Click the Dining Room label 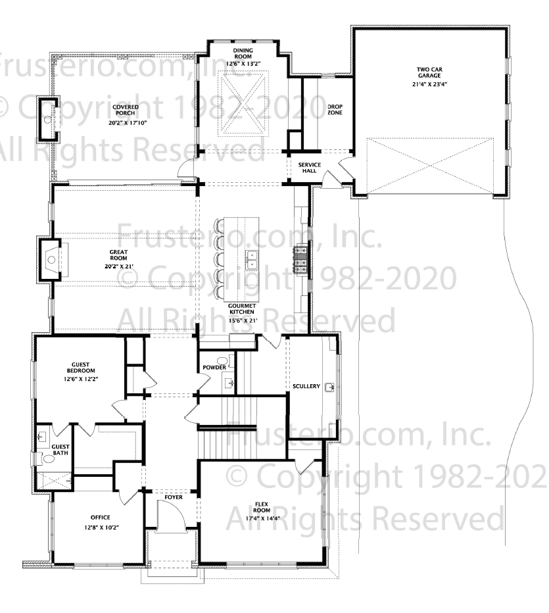pyautogui.click(x=243, y=53)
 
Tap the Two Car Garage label pyautogui.click(x=429, y=72)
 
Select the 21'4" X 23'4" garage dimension pyautogui.click(x=429, y=84)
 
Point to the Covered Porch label pyautogui.click(x=126, y=110)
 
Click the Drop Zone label pyautogui.click(x=335, y=109)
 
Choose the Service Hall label pyautogui.click(x=310, y=168)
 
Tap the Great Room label pyautogui.click(x=118, y=255)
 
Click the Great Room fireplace pyautogui.click(x=51, y=258)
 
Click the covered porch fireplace pyautogui.click(x=49, y=118)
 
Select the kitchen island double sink pyautogui.click(x=252, y=260)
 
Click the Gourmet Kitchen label pyautogui.click(x=242, y=309)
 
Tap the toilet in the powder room pyautogui.click(x=224, y=360)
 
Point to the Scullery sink pyautogui.click(x=331, y=387)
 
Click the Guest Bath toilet pyautogui.click(x=48, y=458)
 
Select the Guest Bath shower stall pyautogui.click(x=54, y=480)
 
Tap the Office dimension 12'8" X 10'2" pyautogui.click(x=101, y=527)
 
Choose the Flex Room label pyautogui.click(x=262, y=508)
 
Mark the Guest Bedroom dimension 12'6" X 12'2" pyautogui.click(x=81, y=379)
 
